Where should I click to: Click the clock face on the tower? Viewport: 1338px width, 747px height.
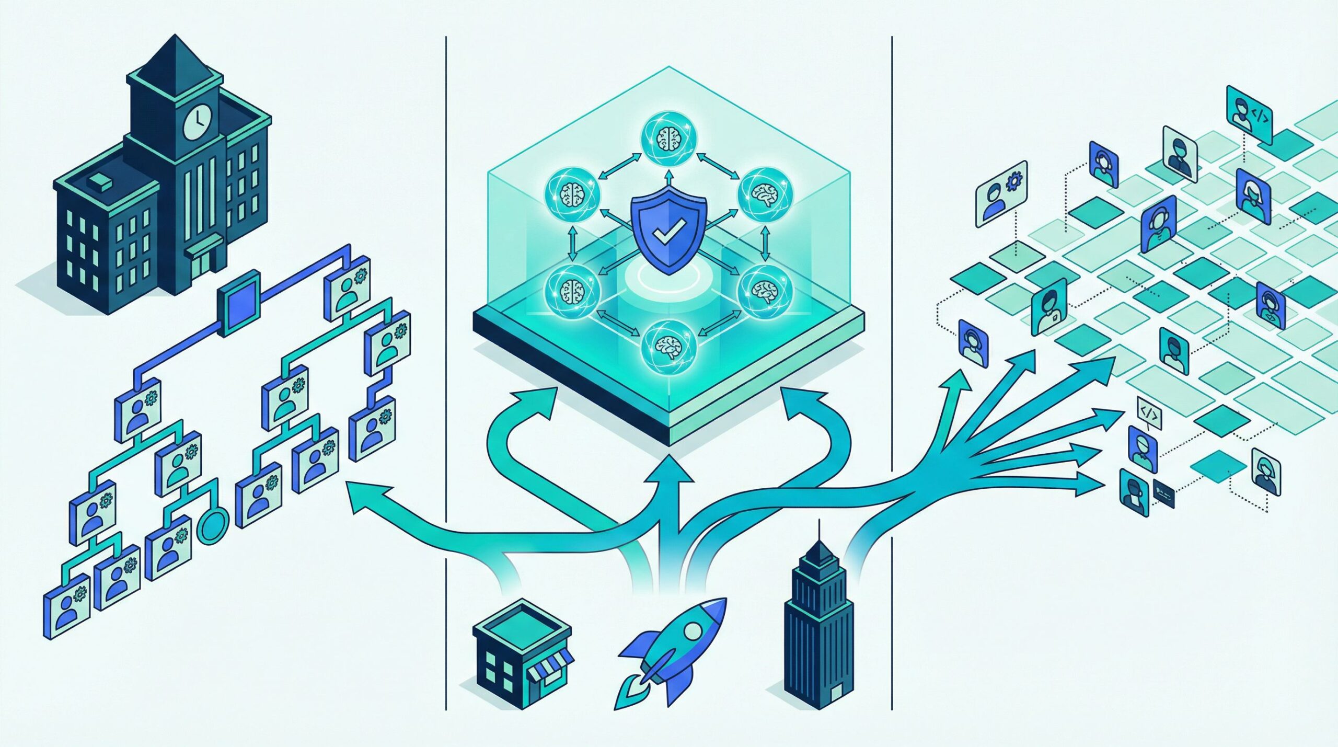click(x=198, y=123)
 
